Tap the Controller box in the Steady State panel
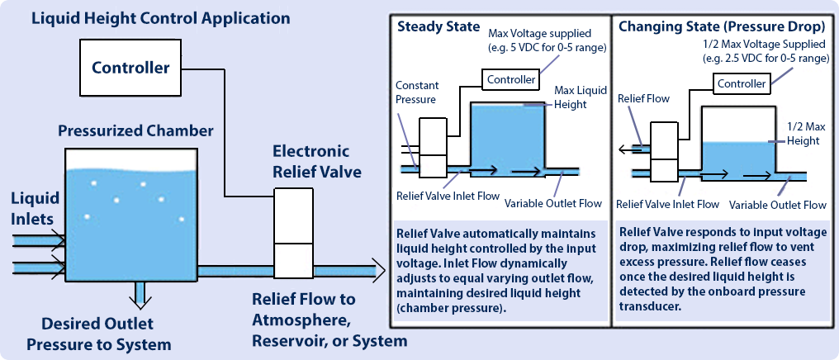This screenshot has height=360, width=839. [x=510, y=80]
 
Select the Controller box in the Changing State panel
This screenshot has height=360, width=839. [x=741, y=84]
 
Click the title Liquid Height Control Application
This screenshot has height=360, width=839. [x=160, y=19]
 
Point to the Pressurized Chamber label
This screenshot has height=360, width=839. [x=136, y=130]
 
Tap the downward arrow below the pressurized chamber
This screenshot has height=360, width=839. [x=140, y=296]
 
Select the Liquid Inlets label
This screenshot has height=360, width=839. [x=36, y=209]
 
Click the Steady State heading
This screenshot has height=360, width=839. [x=438, y=27]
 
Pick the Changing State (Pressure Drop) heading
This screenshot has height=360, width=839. [x=720, y=27]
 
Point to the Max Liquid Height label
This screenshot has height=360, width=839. [x=581, y=97]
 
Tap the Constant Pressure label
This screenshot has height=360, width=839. [x=417, y=92]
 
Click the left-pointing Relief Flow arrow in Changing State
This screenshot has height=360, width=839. [x=634, y=150]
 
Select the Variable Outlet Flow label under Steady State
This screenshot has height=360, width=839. [x=553, y=203]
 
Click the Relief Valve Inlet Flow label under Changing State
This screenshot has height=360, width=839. [x=668, y=204]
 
